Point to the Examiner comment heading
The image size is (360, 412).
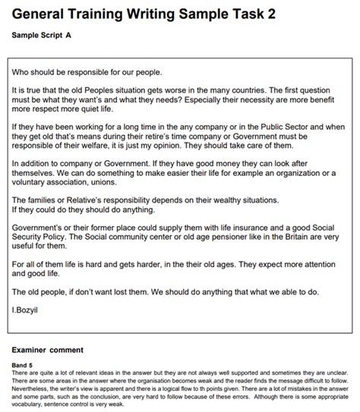(x=48, y=350)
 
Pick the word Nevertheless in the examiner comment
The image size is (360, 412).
(x=36, y=384)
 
